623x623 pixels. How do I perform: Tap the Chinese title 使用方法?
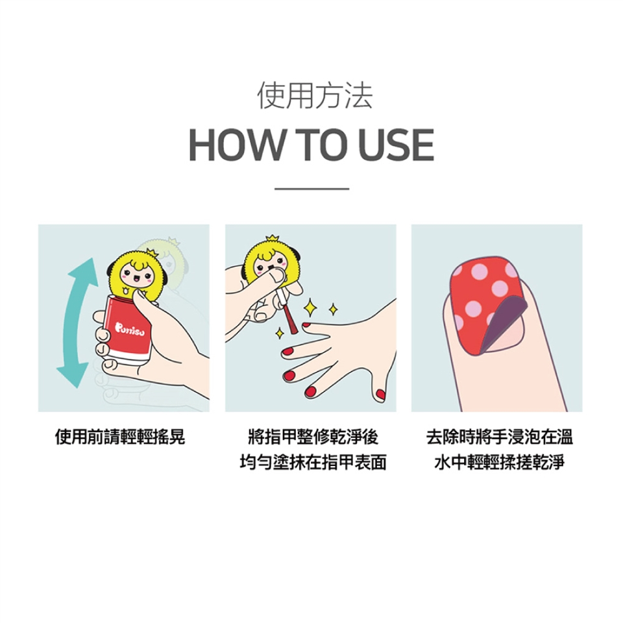pos(315,95)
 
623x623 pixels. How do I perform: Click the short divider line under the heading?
pos(312,189)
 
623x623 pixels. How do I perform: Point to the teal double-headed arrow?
pos(78,323)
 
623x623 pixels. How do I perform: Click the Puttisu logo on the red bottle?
pos(130,328)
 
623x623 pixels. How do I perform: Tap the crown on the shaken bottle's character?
pos(151,252)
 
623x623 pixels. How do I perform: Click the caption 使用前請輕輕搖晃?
pos(120,437)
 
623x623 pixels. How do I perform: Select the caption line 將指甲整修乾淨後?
pos(313,437)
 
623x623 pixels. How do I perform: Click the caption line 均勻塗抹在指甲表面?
pos(313,462)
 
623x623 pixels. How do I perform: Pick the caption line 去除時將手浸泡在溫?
pos(500,437)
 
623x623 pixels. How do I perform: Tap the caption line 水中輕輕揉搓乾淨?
pos(500,462)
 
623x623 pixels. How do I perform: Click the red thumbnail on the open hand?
pos(381,395)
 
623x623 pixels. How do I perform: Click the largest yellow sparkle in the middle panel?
pos(310,307)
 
